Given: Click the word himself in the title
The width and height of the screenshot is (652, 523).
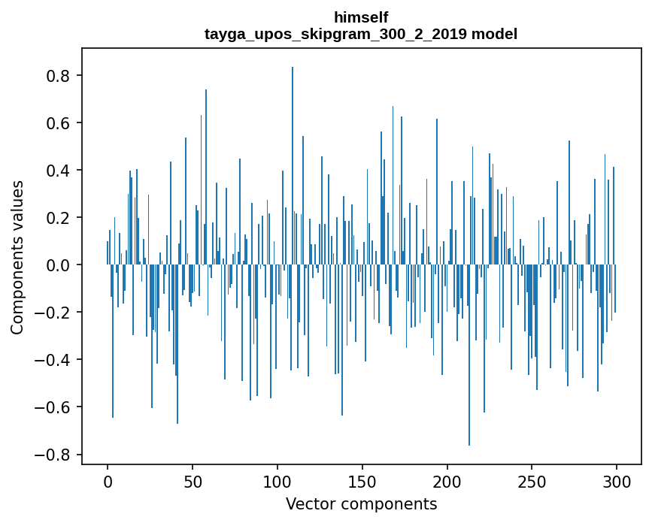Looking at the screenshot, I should click(x=361, y=17).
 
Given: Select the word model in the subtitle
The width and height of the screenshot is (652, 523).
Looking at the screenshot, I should click(x=494, y=34).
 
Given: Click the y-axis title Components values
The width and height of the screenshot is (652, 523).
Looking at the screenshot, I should click(x=17, y=258).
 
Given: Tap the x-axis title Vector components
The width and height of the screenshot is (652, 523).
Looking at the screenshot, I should click(x=361, y=503).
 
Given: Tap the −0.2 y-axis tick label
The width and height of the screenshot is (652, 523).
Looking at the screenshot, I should click(x=54, y=313).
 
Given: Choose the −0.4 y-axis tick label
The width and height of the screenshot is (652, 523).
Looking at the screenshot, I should click(x=54, y=360).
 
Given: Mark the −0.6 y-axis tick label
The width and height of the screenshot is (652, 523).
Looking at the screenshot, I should click(x=54, y=407).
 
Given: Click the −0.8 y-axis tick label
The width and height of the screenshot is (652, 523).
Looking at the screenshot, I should click(x=54, y=455).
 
